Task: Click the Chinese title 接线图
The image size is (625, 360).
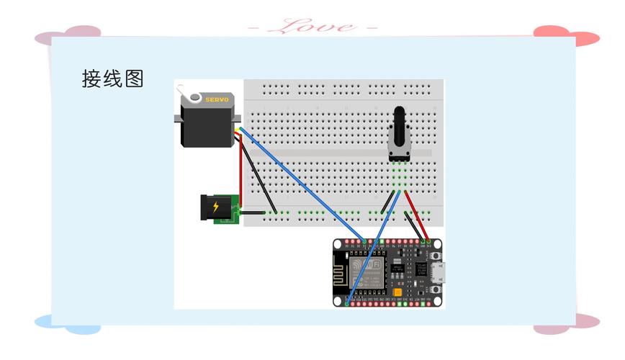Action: point(113,79)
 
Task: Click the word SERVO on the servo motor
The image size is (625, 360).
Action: point(217,99)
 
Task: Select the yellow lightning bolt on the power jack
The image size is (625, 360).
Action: point(216,208)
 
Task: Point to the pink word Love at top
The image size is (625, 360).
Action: point(312,27)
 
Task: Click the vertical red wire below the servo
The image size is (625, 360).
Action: point(241,173)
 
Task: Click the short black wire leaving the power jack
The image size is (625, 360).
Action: point(253,212)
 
